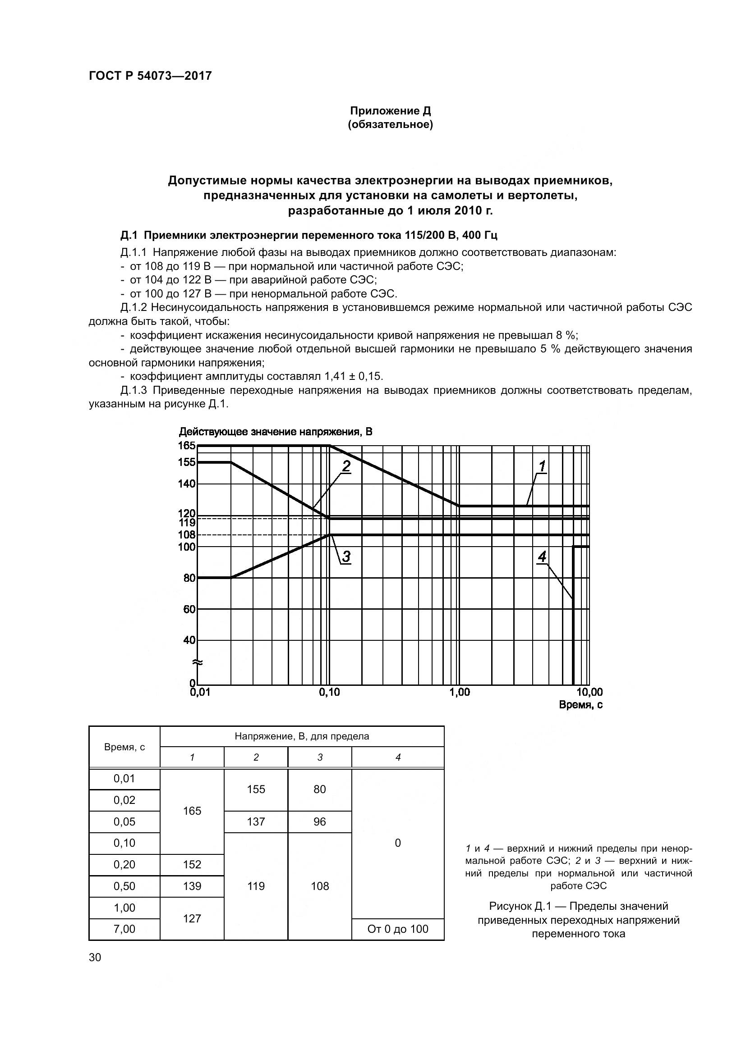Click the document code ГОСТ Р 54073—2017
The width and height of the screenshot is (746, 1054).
pos(150,76)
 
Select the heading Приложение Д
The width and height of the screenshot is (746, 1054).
pos(391,111)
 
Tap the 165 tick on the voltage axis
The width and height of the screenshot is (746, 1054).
pos(187,446)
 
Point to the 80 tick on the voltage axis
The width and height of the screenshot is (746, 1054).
pos(189,578)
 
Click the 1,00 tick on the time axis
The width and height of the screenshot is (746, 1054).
pos(459,693)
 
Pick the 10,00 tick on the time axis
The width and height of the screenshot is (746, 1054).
pos(589,693)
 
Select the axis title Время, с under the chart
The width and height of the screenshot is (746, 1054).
pos(580,705)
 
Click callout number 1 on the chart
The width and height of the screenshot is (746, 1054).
pos(542,467)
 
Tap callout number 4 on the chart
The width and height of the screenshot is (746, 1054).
pos(542,557)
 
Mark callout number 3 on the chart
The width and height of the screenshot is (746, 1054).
pos(346,557)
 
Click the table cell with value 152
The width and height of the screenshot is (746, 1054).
pos(192,865)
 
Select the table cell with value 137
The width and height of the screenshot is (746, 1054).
pos(256,822)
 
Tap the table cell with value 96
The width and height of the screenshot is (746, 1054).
pos(320,822)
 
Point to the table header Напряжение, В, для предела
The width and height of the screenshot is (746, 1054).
pos(302,737)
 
